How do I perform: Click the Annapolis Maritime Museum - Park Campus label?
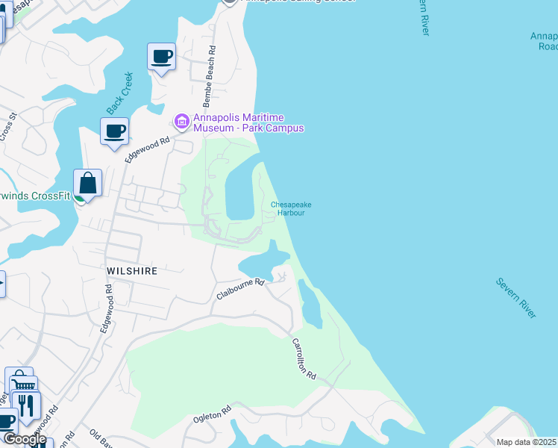(x=248, y=122)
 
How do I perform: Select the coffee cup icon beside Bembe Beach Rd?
(x=162, y=57)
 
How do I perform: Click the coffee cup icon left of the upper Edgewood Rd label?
(x=114, y=131)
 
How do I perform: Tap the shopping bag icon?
(x=87, y=183)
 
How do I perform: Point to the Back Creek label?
(x=119, y=93)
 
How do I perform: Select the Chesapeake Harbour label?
(x=291, y=208)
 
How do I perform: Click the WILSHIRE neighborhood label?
(x=131, y=271)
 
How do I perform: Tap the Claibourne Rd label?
(x=241, y=289)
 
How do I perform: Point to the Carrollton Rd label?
(x=304, y=361)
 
